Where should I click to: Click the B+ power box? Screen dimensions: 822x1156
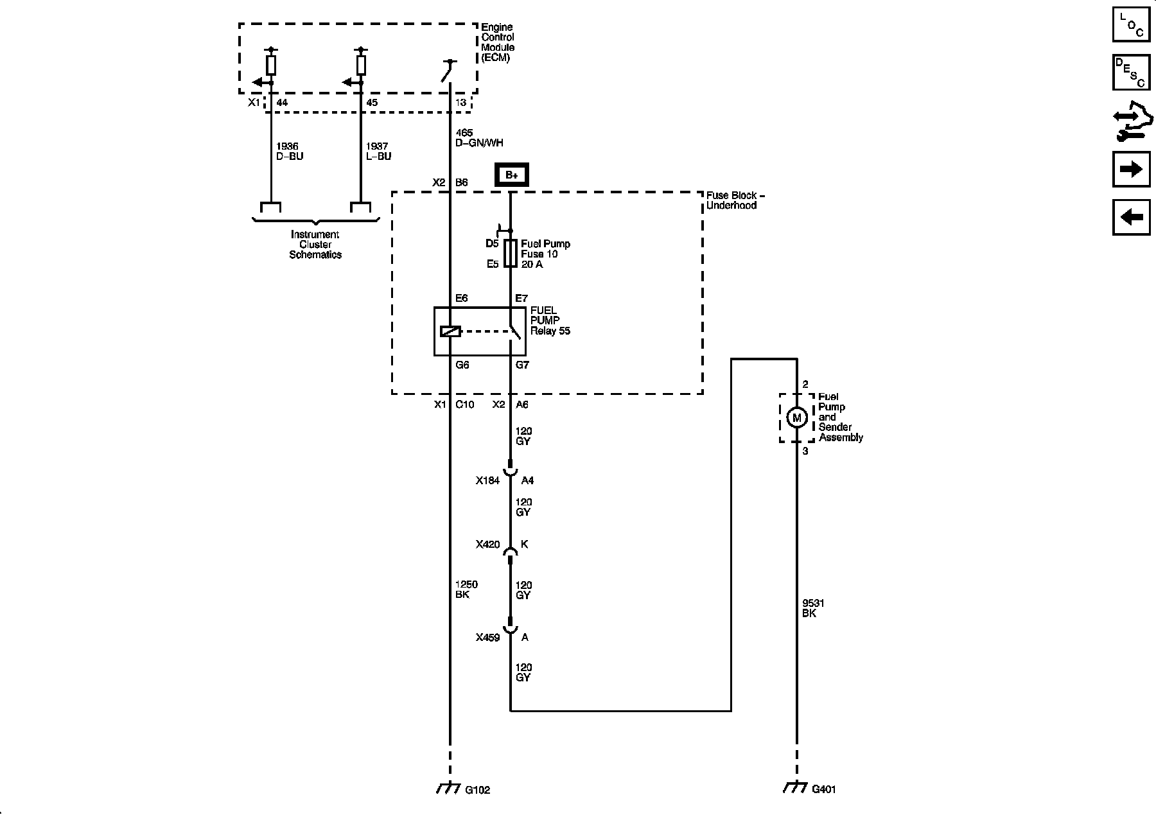click(511, 175)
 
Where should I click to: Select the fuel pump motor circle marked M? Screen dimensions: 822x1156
click(797, 418)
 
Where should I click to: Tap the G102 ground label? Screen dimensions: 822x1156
click(477, 790)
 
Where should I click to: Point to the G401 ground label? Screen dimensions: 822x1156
click(824, 789)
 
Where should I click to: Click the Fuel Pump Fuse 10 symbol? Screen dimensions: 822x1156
click(511, 254)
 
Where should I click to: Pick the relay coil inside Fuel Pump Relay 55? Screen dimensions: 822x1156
click(450, 331)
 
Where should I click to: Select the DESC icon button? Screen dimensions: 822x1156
click(1131, 73)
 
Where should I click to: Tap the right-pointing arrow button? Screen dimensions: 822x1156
click(1131, 169)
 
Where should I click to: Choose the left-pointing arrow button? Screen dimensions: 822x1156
click(1131, 217)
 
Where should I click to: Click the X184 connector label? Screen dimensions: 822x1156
click(487, 480)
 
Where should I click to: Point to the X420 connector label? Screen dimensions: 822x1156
click(487, 545)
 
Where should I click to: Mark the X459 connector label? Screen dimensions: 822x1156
click(487, 638)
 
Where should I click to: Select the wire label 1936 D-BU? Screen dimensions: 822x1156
click(289, 152)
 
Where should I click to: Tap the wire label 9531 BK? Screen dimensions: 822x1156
click(813, 608)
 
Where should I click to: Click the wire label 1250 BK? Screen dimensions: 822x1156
click(466, 590)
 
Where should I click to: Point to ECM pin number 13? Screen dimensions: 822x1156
click(460, 103)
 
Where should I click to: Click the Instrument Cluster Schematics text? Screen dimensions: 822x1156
click(315, 245)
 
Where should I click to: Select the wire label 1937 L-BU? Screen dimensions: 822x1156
click(378, 152)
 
